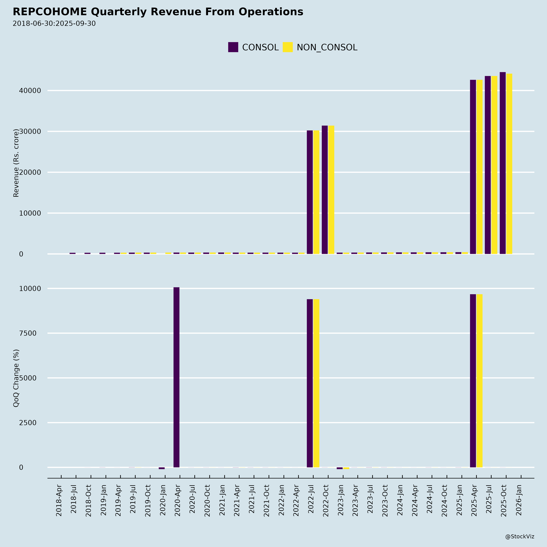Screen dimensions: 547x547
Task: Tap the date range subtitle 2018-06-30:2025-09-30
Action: tap(54, 24)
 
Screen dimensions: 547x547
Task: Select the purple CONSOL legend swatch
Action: tap(233, 47)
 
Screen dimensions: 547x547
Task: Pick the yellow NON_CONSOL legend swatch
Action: tap(288, 47)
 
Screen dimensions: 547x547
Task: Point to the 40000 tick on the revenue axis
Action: tap(30, 91)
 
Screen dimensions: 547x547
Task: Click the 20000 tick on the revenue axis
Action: tap(30, 172)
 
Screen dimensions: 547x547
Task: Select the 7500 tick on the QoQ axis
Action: tap(28, 333)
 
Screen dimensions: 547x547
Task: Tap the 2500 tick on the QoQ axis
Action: tap(28, 423)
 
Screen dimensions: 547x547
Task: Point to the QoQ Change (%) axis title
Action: tap(16, 378)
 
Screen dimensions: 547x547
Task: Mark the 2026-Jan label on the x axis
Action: tap(519, 500)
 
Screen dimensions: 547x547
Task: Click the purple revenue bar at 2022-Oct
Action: tap(325, 190)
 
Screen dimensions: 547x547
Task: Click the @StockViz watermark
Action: tap(519, 537)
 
